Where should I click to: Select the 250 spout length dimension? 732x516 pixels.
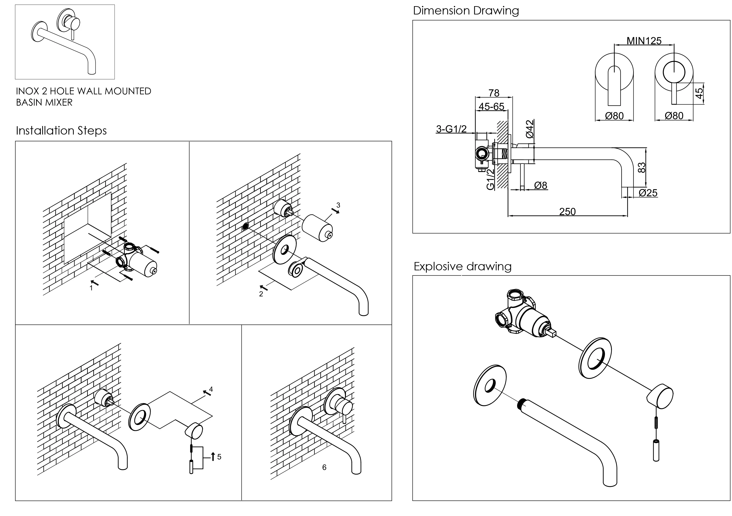[567, 212]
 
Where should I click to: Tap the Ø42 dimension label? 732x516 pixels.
[530, 129]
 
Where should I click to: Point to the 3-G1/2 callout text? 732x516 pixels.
[451, 129]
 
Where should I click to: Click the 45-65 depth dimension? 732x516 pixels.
[491, 106]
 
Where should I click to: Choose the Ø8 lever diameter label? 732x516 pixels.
[541, 185]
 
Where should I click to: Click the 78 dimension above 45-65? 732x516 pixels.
[494, 93]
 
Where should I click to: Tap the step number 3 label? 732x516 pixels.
[338, 205]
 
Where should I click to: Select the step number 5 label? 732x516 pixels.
[219, 457]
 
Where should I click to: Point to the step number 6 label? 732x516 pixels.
[324, 467]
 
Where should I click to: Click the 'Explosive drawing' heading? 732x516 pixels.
[462, 266]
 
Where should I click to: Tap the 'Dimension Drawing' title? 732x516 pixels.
[466, 10]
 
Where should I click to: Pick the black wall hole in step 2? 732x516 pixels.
[245, 227]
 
